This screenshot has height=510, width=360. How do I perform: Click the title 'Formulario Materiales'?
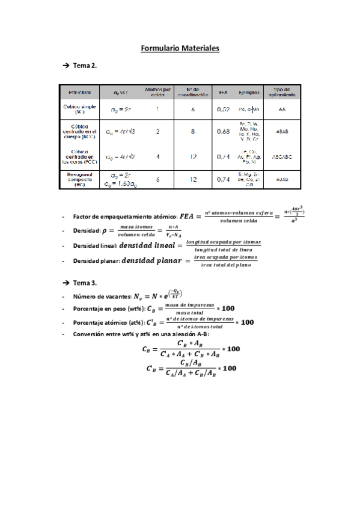(180, 48)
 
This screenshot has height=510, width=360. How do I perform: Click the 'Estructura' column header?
(80, 93)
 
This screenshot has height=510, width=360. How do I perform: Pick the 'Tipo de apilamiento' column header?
(282, 93)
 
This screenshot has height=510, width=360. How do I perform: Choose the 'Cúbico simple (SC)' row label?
(80, 109)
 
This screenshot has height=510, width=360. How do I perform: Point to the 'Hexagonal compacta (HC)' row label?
(80, 179)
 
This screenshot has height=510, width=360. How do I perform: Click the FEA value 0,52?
(224, 110)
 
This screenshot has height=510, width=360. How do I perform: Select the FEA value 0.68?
(224, 131)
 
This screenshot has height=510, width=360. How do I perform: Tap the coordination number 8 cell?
(193, 131)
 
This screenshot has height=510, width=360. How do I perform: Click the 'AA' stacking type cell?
(282, 110)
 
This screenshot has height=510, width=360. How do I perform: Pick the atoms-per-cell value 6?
(157, 179)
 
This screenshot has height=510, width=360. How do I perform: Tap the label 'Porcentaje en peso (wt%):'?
(112, 309)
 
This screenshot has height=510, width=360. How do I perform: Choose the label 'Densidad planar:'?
(96, 261)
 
